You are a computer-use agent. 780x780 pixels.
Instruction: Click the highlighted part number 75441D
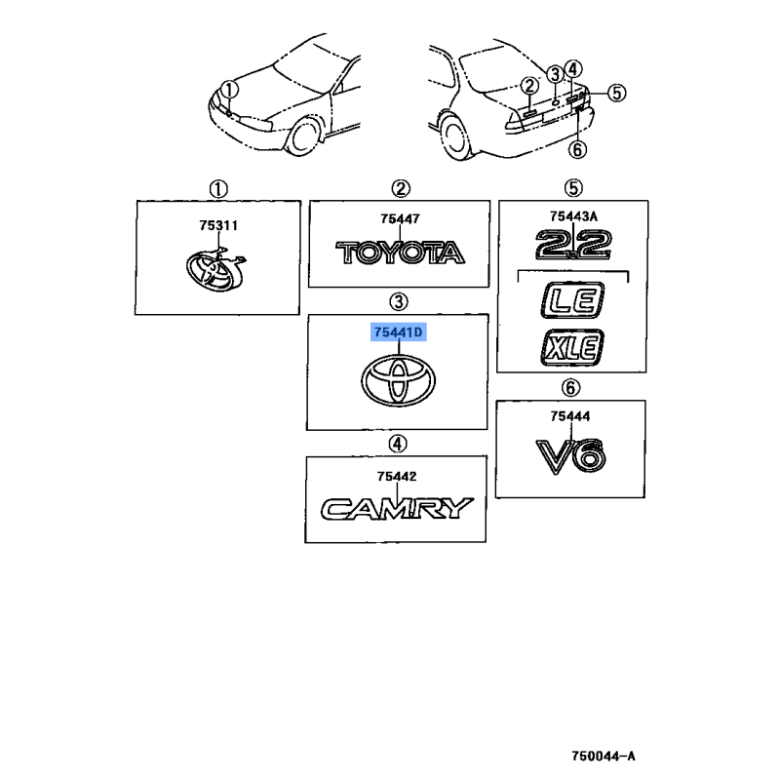pos(399,333)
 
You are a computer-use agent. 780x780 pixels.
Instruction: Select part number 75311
pos(219,226)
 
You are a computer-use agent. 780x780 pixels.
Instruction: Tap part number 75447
pos(400,221)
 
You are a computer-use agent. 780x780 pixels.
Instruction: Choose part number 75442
pos(398,477)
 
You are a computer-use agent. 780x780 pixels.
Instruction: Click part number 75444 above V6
pos(571,416)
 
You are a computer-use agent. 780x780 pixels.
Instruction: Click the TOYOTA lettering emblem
pos(400,254)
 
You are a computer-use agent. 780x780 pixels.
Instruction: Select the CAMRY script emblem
pos(397,508)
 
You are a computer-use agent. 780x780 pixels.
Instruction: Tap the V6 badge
pos(571,454)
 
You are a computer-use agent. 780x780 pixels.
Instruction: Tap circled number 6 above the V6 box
pos(571,387)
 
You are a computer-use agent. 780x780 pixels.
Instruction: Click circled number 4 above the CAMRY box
pos(398,445)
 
